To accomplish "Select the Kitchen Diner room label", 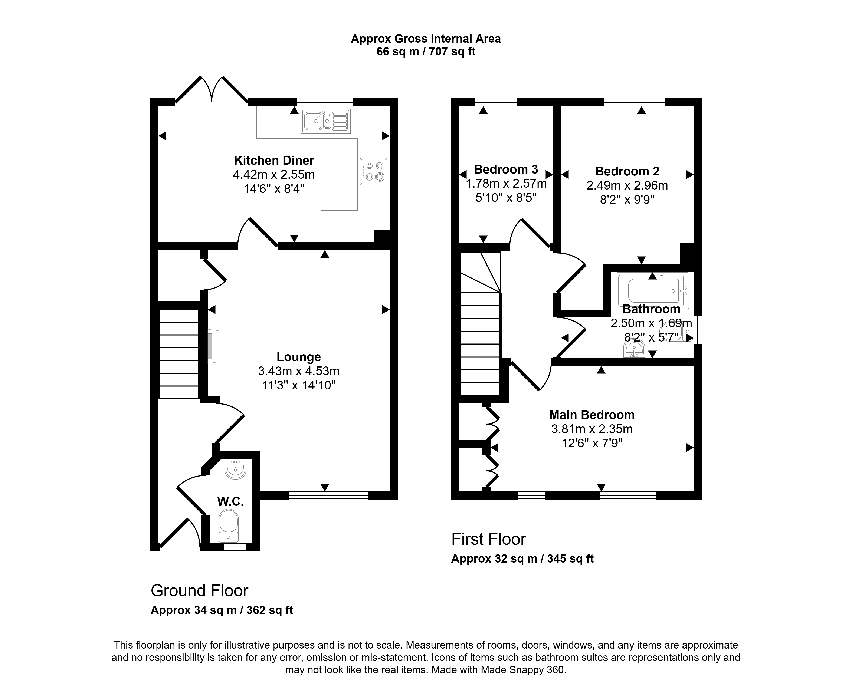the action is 274,160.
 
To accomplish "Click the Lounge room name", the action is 299,357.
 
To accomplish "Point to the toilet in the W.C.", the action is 229,525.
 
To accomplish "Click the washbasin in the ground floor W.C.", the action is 236,469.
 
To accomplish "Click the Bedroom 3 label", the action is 506,169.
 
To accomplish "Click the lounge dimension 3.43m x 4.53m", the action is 299,371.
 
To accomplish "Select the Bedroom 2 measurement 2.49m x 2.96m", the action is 627,185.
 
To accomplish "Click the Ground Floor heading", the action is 199,590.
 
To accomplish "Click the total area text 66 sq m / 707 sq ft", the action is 426,52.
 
